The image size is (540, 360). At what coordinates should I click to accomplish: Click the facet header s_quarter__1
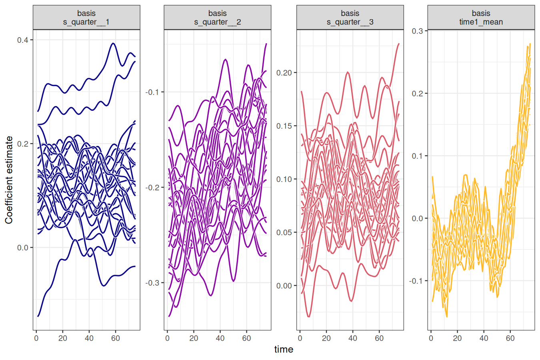[x=86, y=18]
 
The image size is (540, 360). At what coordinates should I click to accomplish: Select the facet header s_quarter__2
[x=217, y=18]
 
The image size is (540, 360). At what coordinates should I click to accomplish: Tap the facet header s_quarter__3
[x=350, y=18]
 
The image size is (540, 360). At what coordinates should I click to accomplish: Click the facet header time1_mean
[x=481, y=18]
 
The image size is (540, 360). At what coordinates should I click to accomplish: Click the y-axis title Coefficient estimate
[x=9, y=180]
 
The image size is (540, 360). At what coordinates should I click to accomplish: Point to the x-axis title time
[x=284, y=350]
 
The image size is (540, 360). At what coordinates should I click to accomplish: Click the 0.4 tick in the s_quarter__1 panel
[x=22, y=40]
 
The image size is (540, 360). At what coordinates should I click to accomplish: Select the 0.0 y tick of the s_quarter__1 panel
[x=22, y=248]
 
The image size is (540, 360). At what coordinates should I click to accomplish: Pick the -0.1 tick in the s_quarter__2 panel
[x=152, y=92]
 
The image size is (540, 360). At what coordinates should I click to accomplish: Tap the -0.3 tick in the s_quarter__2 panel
[x=152, y=283]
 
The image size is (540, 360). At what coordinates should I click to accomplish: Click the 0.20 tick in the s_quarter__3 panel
[x=284, y=73]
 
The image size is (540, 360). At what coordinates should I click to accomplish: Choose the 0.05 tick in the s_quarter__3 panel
[x=284, y=232]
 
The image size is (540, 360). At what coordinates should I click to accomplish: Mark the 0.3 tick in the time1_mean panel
[x=417, y=31]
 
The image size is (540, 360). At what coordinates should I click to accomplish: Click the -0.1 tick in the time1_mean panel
[x=416, y=281]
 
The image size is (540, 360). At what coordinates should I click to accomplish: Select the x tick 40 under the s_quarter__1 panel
[x=89, y=338]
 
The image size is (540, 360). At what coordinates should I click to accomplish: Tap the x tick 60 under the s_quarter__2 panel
[x=246, y=338]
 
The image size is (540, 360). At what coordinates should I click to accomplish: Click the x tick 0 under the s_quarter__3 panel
[x=300, y=338]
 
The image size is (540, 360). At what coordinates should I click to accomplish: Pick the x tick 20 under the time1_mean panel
[x=457, y=338]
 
